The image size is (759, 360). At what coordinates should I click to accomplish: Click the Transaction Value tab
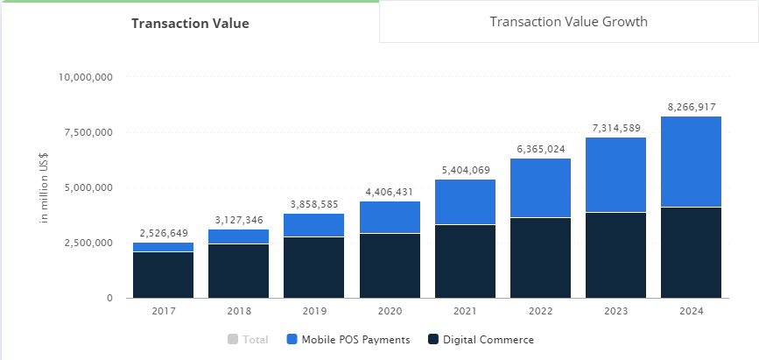tap(190, 24)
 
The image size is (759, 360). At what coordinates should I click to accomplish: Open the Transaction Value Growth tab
tap(568, 22)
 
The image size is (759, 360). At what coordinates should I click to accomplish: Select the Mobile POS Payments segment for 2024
tap(691, 162)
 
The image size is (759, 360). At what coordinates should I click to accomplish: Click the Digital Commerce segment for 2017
tap(164, 275)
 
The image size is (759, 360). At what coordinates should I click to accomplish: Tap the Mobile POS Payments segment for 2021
tap(465, 202)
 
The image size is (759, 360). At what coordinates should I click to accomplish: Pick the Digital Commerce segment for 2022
tap(540, 258)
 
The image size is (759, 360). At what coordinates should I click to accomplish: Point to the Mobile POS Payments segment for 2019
tap(314, 225)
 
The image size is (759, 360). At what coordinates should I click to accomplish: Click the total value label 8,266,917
tap(691, 107)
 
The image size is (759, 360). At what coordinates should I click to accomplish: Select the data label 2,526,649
tap(164, 234)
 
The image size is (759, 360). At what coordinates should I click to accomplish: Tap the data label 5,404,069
tap(465, 170)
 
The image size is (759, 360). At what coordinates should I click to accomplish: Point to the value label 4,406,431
tap(390, 192)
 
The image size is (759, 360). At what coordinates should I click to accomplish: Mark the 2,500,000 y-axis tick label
tap(88, 243)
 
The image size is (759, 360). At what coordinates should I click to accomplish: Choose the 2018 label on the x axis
tap(239, 310)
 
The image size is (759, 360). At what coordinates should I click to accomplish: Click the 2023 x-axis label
tap(615, 310)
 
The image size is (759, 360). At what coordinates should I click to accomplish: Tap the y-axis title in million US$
tap(44, 187)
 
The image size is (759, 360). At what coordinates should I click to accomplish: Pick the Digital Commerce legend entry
tap(481, 340)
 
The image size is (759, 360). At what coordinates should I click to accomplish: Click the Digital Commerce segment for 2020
tap(390, 265)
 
